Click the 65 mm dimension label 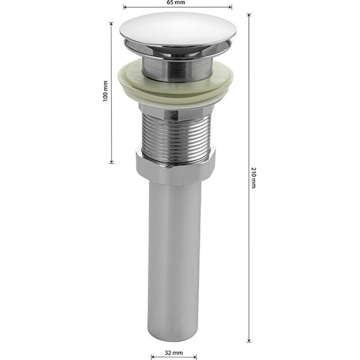[x=176, y=3]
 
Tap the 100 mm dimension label [x=105, y=91]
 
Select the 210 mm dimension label [x=254, y=178]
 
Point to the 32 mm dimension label [x=174, y=352]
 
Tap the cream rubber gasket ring [x=176, y=85]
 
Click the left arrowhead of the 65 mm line [x=125, y=8]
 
